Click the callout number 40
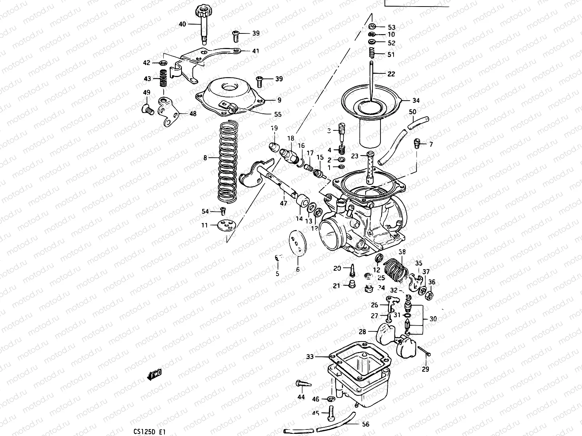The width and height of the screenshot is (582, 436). tap(182, 24)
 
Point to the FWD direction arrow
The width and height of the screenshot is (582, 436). tap(154, 374)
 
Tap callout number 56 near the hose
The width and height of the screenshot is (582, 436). tap(366, 424)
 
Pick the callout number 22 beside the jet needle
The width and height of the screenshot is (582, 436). tap(391, 74)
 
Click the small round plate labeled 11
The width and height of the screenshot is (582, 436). tap(226, 226)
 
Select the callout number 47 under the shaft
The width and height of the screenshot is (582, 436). tap(284, 203)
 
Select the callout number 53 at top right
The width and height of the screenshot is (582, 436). tap(391, 27)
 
